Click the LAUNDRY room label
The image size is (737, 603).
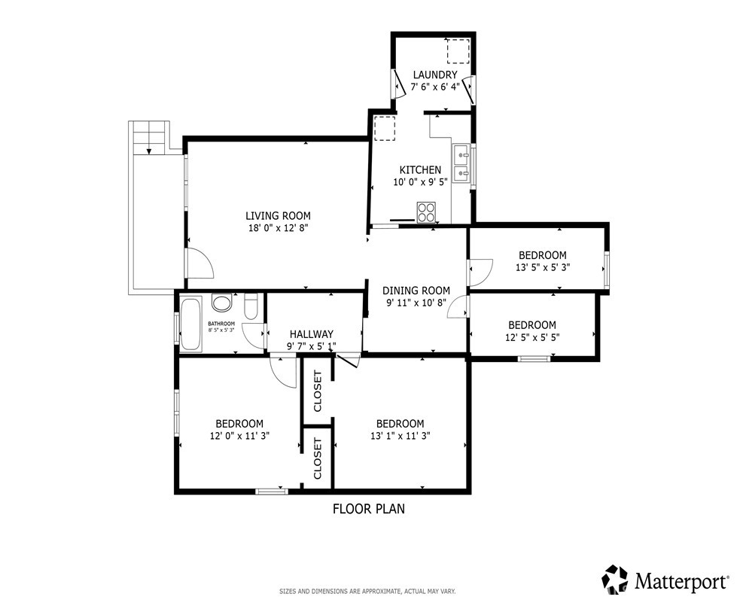(435, 75)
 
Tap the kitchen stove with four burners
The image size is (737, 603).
(426, 212)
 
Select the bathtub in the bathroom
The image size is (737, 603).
(191, 324)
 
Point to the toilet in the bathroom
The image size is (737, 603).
(251, 306)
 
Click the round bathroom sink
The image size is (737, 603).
(222, 303)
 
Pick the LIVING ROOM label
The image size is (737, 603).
(278, 216)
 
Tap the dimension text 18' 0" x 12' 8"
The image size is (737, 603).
(278, 228)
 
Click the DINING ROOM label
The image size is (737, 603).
(416, 291)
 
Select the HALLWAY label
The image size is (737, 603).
(311, 334)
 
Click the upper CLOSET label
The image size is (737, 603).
(317, 391)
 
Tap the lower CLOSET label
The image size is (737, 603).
(317, 458)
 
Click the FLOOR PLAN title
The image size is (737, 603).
(369, 509)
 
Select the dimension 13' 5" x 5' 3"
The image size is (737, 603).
(543, 268)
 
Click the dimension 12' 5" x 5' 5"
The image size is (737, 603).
(532, 337)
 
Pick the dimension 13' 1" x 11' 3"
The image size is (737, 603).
(400, 436)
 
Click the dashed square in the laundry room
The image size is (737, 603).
(458, 51)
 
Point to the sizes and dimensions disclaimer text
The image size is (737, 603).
(367, 591)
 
